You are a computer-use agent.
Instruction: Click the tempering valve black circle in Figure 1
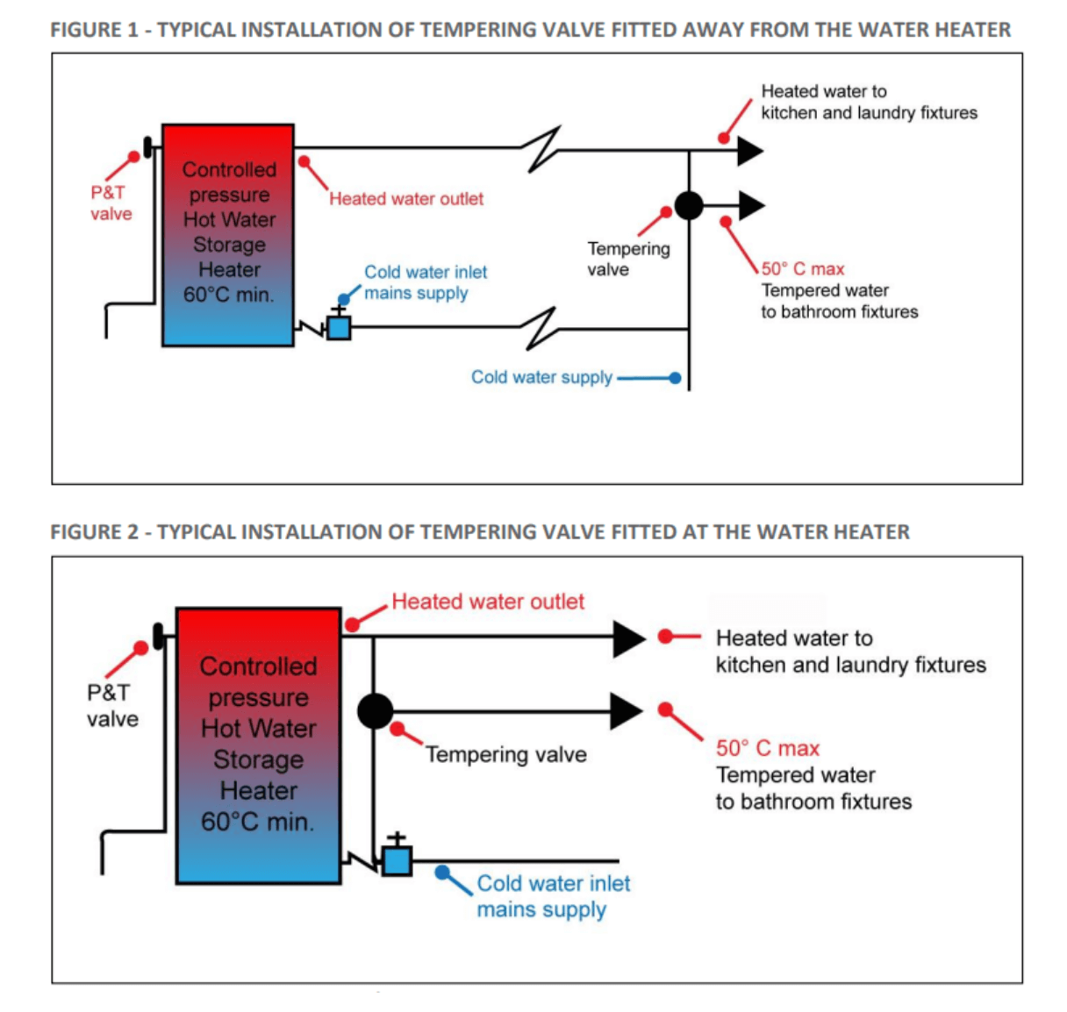(689, 206)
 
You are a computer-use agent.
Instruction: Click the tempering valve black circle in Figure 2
(375, 711)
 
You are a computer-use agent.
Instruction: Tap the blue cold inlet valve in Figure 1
(339, 328)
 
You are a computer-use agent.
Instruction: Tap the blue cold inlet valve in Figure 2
(397, 860)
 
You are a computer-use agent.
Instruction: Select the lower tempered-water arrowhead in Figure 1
(750, 206)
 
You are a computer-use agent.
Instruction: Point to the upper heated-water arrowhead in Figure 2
(627, 638)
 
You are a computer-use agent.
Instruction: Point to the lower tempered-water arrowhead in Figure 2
(626, 711)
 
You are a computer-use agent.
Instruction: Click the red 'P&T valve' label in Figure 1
(111, 203)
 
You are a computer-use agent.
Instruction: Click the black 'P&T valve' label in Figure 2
(112, 706)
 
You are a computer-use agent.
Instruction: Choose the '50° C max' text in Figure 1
(802, 269)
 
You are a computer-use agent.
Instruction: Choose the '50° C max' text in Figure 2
(767, 748)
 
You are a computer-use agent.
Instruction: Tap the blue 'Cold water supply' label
(541, 377)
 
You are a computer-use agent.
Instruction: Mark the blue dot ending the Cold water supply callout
(674, 378)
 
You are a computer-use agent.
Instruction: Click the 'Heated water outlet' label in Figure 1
(406, 199)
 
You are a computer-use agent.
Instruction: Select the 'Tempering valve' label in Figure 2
(505, 754)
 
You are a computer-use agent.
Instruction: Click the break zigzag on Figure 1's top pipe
(542, 150)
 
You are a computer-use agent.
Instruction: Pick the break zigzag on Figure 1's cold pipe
(539, 328)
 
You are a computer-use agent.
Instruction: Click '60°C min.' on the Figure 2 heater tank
(257, 822)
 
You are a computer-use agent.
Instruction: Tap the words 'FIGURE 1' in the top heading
(94, 30)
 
